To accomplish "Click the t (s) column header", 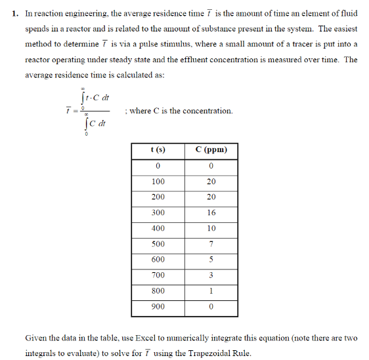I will pyautogui.click(x=158, y=149).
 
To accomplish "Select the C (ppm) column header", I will pyautogui.click(x=211, y=149).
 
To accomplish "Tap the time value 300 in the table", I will pyautogui.click(x=158, y=212).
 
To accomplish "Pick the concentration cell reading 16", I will pyautogui.click(x=211, y=212).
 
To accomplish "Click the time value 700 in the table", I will pyautogui.click(x=158, y=275).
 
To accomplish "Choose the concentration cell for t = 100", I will pyautogui.click(x=211, y=181).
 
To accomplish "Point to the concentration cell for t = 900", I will pyautogui.click(x=211, y=306).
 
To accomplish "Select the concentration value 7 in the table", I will pyautogui.click(x=211, y=244).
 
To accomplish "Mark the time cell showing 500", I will pyautogui.click(x=158, y=244).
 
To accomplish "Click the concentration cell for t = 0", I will pyautogui.click(x=211, y=165).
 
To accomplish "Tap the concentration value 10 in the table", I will pyautogui.click(x=211, y=228).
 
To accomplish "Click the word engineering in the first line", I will pyautogui.click(x=84, y=13).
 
